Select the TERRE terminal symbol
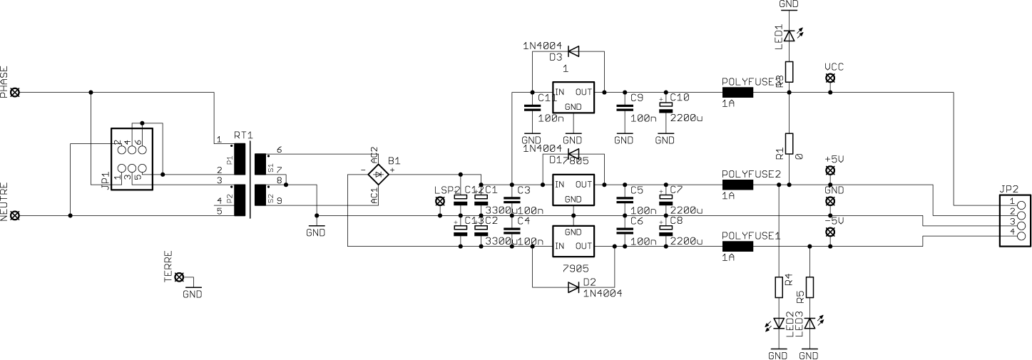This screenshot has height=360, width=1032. (x=180, y=277)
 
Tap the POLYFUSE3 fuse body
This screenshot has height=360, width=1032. (x=738, y=93)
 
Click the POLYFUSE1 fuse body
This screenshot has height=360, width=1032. (x=738, y=247)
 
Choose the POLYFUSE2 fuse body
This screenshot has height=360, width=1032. (x=738, y=185)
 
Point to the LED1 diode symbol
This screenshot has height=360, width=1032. (x=789, y=35)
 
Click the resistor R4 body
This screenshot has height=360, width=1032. (x=779, y=287)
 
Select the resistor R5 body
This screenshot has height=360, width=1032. (x=809, y=287)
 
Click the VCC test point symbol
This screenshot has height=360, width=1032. (x=830, y=78)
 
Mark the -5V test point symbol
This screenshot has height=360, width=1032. (x=830, y=232)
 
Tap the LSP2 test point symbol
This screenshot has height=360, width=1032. (x=439, y=202)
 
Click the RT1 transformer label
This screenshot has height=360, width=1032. (x=243, y=135)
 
